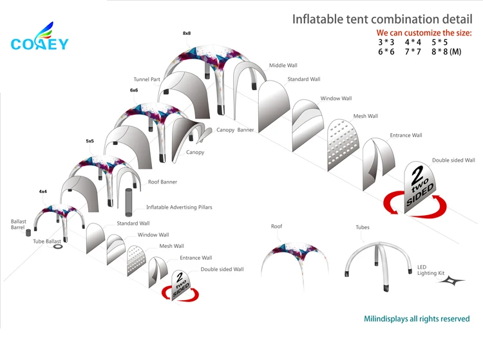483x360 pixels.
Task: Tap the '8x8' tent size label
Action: (x=187, y=33)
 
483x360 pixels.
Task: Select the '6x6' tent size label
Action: (x=134, y=90)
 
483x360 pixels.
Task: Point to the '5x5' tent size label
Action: (x=90, y=140)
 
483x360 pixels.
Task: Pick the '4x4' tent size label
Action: (x=43, y=191)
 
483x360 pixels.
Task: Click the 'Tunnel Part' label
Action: (x=147, y=80)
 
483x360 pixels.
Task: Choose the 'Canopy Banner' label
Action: (x=235, y=130)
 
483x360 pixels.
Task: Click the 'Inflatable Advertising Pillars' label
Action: (x=179, y=207)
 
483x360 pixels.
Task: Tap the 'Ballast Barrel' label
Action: (x=18, y=225)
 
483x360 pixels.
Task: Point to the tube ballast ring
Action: (x=58, y=245)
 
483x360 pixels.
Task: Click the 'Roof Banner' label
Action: (x=162, y=182)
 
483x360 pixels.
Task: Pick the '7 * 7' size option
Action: (x=413, y=52)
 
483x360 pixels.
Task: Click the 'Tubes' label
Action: (x=363, y=227)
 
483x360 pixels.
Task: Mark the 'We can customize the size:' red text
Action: (x=424, y=32)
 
